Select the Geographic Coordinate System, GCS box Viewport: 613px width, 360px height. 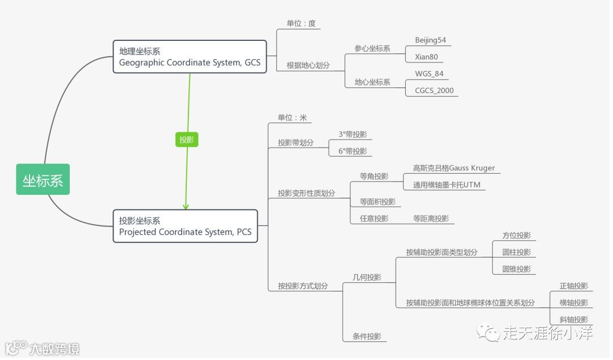pyautogui.click(x=190, y=57)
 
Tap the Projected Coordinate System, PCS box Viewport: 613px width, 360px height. pyautogui.click(x=185, y=226)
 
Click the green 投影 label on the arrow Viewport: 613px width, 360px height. pyautogui.click(x=187, y=140)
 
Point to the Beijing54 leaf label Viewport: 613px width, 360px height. pyautogui.click(x=430, y=40)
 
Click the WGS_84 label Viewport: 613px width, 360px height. pyautogui.click(x=429, y=74)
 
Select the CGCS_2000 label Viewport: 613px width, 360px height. pyautogui.click(x=434, y=90)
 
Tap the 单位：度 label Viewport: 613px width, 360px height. pyautogui.click(x=301, y=23)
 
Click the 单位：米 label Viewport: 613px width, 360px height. pyautogui.click(x=292, y=118)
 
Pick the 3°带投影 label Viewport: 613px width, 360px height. pyautogui.click(x=352, y=135)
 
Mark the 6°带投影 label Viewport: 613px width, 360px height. pyautogui.click(x=352, y=151)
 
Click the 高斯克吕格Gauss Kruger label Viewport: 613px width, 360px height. pyautogui.click(x=454, y=168)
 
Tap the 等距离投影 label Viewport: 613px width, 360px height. pyautogui.click(x=430, y=219)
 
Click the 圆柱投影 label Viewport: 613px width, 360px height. pyautogui.click(x=516, y=252)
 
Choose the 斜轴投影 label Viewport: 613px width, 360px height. pyautogui.click(x=573, y=320)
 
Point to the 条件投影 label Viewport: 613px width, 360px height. pyautogui.click(x=367, y=336)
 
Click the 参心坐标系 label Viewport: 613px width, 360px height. pyautogui.click(x=372, y=48)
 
